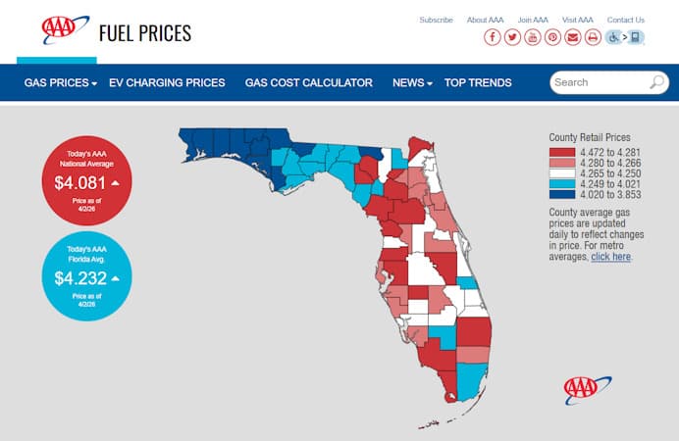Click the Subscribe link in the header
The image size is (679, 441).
click(436, 20)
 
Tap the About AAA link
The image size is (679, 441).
click(485, 20)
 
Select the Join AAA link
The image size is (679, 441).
click(533, 20)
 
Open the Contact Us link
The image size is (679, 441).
click(625, 20)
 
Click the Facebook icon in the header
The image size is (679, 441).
click(492, 37)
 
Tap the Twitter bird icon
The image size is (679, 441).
click(512, 37)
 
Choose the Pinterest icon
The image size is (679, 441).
click(553, 37)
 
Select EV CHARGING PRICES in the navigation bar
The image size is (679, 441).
click(167, 83)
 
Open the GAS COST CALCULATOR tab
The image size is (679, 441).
click(308, 83)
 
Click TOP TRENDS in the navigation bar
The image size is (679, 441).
click(478, 83)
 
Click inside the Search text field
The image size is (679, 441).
click(599, 82)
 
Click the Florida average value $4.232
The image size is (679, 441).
click(81, 277)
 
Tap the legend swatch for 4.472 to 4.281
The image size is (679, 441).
click(561, 152)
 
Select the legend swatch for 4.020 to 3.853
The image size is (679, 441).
click(561, 195)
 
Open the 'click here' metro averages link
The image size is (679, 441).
click(611, 257)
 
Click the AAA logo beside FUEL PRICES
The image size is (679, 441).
click(65, 30)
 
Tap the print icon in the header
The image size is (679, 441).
click(593, 37)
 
